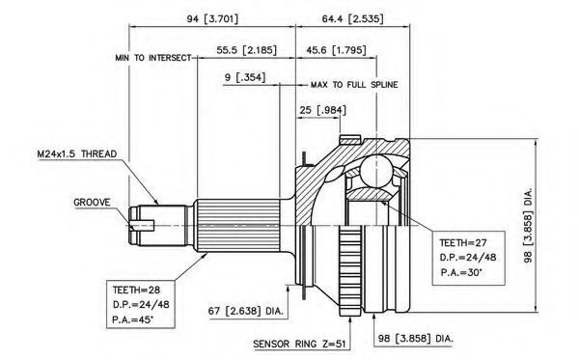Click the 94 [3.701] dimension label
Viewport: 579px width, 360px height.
[212, 18]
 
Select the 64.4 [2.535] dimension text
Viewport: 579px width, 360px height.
[352, 18]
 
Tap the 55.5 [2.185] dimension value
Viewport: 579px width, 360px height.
[246, 50]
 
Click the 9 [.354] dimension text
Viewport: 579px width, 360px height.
[245, 77]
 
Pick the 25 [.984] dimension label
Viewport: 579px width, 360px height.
[323, 110]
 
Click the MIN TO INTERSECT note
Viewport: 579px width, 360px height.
[153, 58]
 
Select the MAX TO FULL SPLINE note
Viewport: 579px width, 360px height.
[354, 85]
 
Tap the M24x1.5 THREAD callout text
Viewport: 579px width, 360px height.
[77, 154]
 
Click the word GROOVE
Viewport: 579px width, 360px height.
[92, 203]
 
